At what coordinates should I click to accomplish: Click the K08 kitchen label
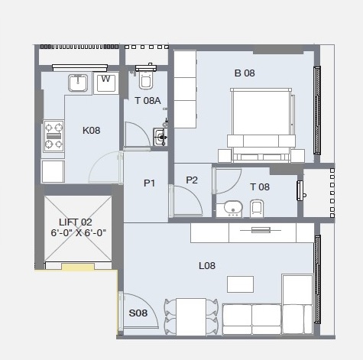(x=91, y=131)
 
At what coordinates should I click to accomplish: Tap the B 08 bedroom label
(x=245, y=73)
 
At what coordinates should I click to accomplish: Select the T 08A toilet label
(x=147, y=101)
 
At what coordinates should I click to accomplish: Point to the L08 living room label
(x=207, y=266)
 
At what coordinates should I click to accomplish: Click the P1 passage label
(x=149, y=183)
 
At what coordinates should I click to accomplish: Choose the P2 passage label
(x=192, y=180)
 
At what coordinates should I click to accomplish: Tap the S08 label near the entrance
(x=138, y=313)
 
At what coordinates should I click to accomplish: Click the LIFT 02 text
(x=76, y=222)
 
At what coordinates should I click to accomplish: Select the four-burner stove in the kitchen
(x=53, y=136)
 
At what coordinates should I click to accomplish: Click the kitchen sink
(x=78, y=83)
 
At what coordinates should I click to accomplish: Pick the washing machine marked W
(x=105, y=83)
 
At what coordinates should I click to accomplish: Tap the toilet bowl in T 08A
(x=146, y=78)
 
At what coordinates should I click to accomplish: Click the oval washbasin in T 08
(x=232, y=207)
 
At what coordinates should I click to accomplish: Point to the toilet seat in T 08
(x=257, y=208)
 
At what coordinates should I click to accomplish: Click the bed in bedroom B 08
(x=261, y=125)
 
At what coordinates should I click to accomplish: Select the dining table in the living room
(x=191, y=316)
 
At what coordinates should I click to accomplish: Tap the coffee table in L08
(x=240, y=284)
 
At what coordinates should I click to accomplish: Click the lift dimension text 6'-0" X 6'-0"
(x=79, y=232)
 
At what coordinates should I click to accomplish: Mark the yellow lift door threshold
(x=78, y=267)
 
